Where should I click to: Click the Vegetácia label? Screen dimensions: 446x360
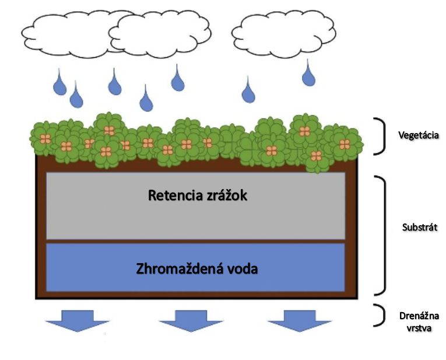pos(419,135)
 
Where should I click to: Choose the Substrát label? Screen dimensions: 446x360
pos(420,228)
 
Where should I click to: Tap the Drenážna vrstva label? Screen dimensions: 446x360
pos(419,322)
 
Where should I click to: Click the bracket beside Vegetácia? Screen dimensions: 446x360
pos(384,136)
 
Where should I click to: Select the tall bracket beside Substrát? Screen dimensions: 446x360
pos(385,236)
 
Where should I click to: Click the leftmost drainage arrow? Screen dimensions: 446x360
pos(78,321)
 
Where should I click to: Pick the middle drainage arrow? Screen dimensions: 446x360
pos(191,321)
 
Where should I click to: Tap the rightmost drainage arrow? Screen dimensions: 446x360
pos(300,321)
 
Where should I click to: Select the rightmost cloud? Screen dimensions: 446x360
pos(284,34)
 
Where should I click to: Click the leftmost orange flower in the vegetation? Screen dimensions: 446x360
pos(45,139)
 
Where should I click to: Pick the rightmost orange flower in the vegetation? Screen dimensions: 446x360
pos(345,144)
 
